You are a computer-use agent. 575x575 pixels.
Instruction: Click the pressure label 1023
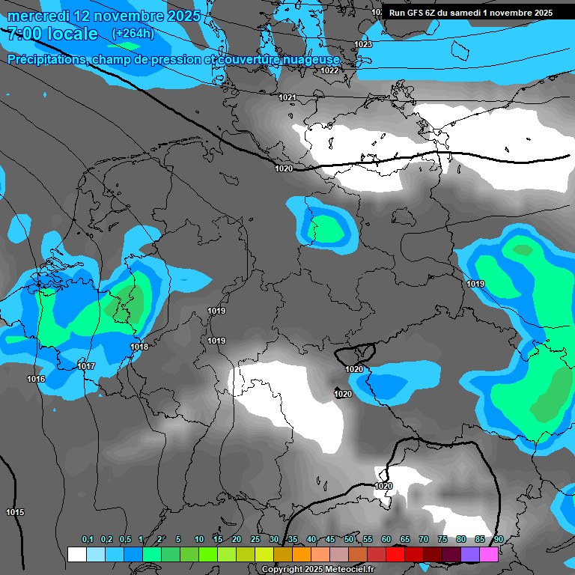(x=363, y=45)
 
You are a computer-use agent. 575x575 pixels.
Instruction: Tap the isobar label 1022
(x=329, y=70)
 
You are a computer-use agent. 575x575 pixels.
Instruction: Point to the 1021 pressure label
(x=287, y=98)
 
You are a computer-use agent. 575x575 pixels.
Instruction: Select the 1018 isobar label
(x=139, y=347)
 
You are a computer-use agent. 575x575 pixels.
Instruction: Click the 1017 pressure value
(x=86, y=366)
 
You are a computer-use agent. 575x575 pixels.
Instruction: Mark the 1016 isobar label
(x=36, y=380)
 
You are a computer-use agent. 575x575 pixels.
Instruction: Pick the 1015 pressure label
(x=15, y=512)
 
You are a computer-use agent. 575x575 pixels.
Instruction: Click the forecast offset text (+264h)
(x=133, y=34)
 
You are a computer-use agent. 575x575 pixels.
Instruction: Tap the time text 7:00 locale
(x=52, y=34)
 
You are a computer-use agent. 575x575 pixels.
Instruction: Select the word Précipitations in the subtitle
(x=45, y=59)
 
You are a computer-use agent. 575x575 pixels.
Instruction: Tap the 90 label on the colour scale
(x=499, y=540)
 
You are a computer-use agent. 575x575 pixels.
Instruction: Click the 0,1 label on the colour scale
(x=88, y=540)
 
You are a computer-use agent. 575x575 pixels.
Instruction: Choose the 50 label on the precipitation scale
(x=349, y=540)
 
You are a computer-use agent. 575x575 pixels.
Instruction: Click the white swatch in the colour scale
(x=76, y=554)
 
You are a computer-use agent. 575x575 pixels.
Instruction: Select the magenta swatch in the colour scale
(x=489, y=554)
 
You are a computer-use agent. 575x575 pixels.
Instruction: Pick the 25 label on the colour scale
(x=255, y=540)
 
